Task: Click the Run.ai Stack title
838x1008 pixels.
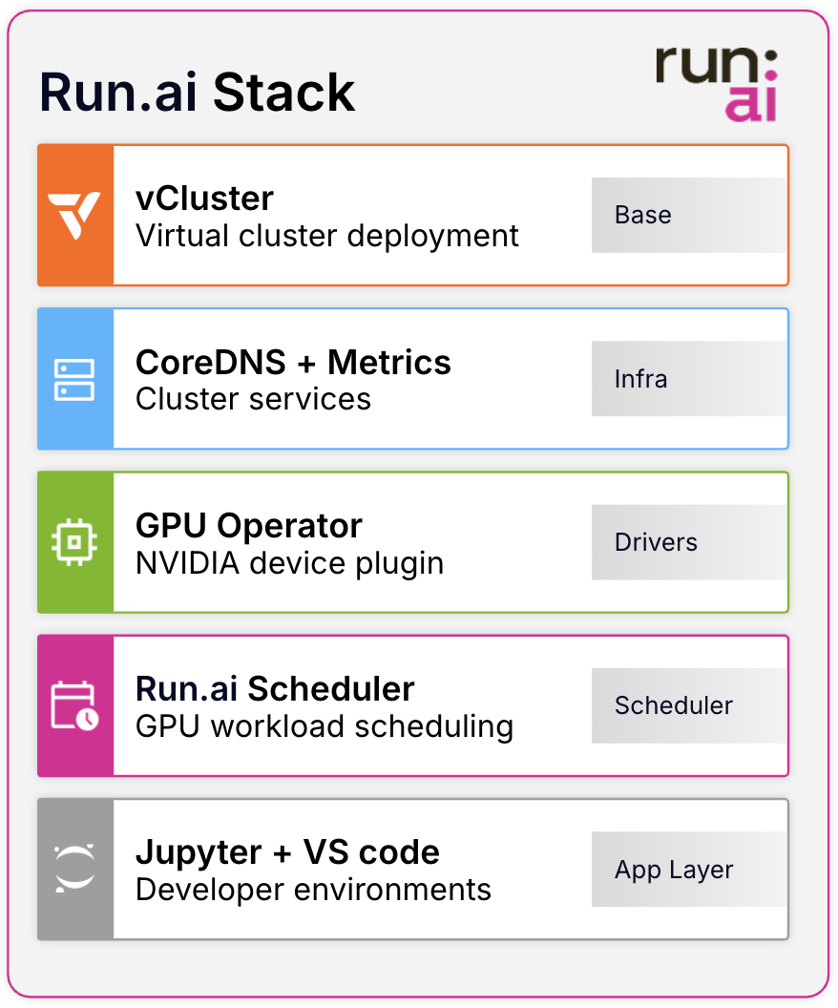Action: pos(197,94)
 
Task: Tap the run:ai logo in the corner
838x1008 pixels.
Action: pos(716,84)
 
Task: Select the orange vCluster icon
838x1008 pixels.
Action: pos(75,216)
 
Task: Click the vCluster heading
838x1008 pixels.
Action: pos(204,199)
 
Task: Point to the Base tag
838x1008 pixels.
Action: pos(642,215)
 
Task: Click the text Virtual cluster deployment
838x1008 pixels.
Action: pos(327,235)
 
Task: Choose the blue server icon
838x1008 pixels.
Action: pos(75,379)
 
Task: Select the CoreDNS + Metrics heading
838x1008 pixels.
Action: pos(293,362)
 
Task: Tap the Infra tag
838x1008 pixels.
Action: pos(640,379)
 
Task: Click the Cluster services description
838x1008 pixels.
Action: pos(253,398)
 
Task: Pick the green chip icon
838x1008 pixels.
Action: pos(75,542)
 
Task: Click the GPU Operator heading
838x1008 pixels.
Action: pos(249,526)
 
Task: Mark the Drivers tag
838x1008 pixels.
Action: pos(656,542)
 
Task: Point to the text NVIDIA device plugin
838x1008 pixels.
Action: pos(289,563)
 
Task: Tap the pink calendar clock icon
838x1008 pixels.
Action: pos(75,706)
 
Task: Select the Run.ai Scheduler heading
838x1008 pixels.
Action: pos(275,689)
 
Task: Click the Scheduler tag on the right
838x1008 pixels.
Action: pos(673,705)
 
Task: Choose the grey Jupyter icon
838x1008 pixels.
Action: pos(75,870)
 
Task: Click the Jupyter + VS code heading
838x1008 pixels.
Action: pos(287,852)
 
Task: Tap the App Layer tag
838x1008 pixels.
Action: pos(674,870)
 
